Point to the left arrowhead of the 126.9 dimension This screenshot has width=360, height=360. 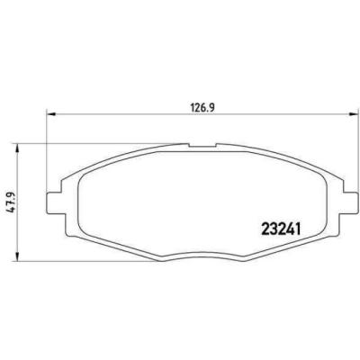click(x=49, y=113)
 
